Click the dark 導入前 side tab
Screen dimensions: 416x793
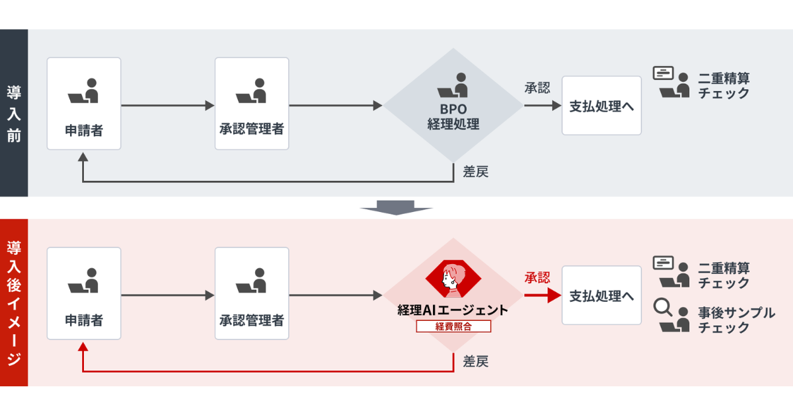[14, 113]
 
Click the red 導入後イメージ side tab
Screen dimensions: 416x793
[14, 302]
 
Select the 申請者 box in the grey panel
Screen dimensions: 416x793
[84, 103]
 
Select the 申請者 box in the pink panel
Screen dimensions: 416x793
[84, 293]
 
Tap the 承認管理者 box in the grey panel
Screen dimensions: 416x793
[252, 103]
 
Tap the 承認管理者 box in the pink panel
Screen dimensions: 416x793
[252, 293]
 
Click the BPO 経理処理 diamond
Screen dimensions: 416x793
[453, 106]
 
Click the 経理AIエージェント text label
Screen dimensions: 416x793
[453, 310]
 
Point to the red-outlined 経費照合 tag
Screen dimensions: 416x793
[453, 326]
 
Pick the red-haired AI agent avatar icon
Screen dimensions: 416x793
[453, 278]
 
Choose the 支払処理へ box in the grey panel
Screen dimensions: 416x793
[601, 106]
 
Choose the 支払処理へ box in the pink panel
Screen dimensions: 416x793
[601, 295]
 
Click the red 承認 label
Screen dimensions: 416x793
[537, 278]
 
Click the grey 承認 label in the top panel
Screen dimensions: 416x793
[537, 88]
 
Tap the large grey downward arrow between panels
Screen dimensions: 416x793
[397, 207]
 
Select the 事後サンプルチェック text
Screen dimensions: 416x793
[736, 320]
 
